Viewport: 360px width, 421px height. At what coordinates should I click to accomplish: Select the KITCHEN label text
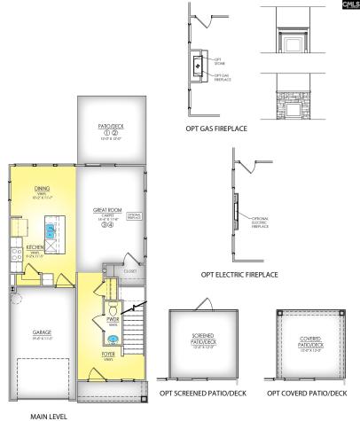click(x=35, y=247)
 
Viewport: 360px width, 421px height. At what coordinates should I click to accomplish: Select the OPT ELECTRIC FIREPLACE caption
click(x=239, y=275)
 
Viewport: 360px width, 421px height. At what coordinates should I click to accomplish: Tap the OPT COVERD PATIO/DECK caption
click(x=307, y=392)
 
